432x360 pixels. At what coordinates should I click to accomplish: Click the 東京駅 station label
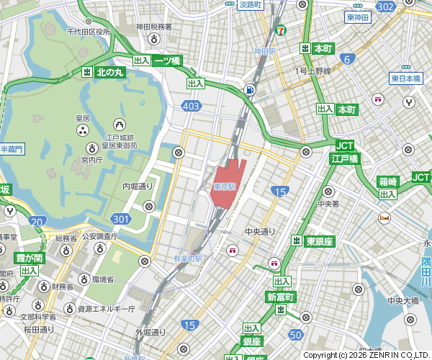pos(225,186)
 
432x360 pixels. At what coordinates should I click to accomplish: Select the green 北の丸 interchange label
pos(110,72)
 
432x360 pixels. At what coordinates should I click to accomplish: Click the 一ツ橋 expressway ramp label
pos(166,61)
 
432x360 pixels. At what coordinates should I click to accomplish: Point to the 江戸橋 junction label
pos(345,158)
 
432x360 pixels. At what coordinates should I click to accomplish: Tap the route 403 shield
pos(191,106)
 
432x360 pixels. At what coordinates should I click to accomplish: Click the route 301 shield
pos(120,218)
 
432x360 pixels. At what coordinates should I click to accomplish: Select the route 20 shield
pos(38,222)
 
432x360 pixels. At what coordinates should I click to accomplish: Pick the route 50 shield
pos(295,335)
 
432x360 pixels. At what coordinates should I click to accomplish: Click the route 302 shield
pos(385,6)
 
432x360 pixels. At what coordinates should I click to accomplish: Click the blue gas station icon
pos(249,90)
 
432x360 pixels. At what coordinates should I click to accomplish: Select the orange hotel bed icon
pos(385,217)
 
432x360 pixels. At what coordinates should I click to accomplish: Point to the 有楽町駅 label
pos(189,258)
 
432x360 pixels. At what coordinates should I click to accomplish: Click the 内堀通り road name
pos(138,186)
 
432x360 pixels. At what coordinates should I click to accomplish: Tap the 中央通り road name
pos(260,231)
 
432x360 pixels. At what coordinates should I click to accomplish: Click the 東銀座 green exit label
pos(318,240)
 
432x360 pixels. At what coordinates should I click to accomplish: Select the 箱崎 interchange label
pos(388,181)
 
